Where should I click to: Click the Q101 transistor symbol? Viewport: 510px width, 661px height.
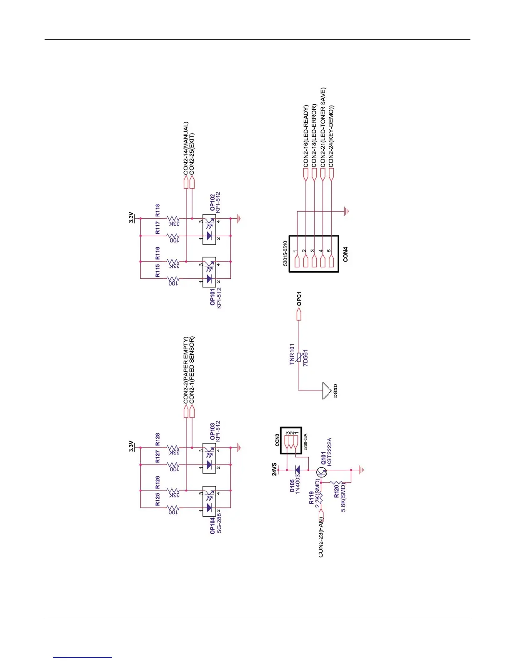click(321, 472)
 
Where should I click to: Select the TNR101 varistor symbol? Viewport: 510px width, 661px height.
click(299, 357)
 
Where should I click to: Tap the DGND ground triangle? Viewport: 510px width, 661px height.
click(327, 391)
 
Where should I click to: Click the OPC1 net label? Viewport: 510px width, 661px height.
click(299, 299)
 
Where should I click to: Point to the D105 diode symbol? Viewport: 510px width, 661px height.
click(297, 470)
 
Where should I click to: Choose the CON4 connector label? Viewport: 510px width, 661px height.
click(345, 254)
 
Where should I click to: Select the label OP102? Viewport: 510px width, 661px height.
click(212, 202)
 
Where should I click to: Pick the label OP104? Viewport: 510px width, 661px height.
click(212, 525)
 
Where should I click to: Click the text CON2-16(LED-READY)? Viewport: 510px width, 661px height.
click(306, 136)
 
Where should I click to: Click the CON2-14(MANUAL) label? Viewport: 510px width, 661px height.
click(186, 148)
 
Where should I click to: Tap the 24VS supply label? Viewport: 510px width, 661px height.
click(274, 469)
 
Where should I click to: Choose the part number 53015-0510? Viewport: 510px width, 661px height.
click(285, 253)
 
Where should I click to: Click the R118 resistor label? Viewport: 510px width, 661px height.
click(157, 210)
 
